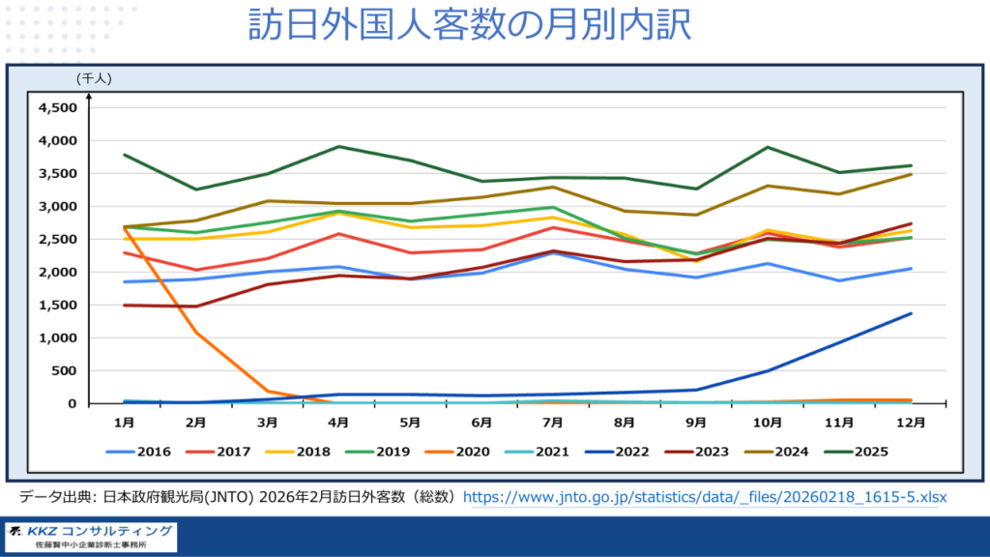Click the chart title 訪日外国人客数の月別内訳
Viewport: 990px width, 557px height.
(x=495, y=26)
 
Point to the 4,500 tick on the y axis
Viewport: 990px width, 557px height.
(x=56, y=107)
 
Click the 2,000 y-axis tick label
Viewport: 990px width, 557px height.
(x=56, y=272)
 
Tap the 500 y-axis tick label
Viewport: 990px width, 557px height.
(x=64, y=370)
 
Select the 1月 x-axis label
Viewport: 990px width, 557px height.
(x=124, y=422)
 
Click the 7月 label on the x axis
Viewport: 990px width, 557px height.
(x=552, y=422)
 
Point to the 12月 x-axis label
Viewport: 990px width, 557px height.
(x=910, y=422)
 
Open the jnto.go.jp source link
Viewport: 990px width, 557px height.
(x=705, y=497)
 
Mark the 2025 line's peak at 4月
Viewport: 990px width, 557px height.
(x=338, y=147)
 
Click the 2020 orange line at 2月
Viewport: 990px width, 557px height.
(x=195, y=332)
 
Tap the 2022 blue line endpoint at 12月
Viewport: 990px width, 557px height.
(x=910, y=313)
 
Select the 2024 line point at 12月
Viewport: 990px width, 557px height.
(x=910, y=174)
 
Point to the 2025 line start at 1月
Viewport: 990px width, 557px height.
(x=125, y=155)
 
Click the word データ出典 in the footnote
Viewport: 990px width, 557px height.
(x=53, y=497)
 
